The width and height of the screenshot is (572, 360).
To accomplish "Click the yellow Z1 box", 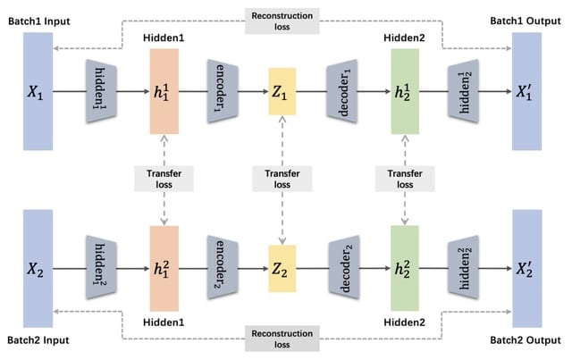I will [x=282, y=90].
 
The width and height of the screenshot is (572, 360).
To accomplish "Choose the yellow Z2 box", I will [x=282, y=269].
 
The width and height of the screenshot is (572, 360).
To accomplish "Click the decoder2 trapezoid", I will [x=343, y=269].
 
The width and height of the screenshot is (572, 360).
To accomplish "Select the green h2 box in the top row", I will [x=405, y=90].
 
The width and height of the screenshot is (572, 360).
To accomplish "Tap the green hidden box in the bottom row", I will [x=405, y=269].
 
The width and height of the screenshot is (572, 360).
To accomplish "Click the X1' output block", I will [x=526, y=90].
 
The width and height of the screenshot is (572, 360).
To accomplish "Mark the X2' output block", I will [x=526, y=269].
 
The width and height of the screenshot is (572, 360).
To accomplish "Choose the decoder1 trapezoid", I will [x=343, y=90].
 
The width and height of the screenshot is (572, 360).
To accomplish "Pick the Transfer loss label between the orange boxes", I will [x=164, y=179].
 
